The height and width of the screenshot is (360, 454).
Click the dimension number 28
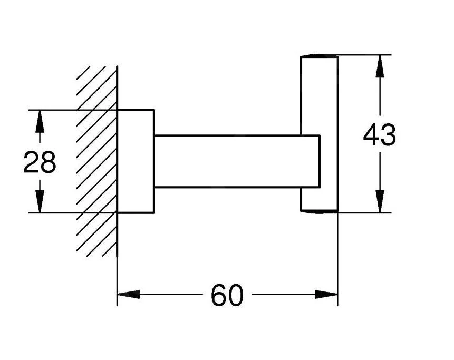40,162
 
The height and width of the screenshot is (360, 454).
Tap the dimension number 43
379,136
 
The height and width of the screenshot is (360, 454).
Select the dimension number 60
227,295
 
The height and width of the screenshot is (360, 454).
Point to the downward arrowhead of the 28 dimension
38,203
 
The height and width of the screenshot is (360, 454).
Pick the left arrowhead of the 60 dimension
127,294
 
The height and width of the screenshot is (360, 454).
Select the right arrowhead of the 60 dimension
327,294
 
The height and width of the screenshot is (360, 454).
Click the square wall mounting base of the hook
136,161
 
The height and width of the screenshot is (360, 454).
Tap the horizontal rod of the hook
227,161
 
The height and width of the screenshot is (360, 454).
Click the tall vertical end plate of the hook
319,95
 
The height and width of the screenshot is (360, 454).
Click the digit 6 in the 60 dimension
219,295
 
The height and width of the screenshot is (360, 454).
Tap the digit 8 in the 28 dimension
48,162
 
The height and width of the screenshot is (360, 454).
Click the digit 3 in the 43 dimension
388,136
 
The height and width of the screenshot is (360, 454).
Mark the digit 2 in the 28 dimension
31,162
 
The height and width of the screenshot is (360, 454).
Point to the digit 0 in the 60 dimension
236,295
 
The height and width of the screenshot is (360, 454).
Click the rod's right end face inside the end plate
319,161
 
